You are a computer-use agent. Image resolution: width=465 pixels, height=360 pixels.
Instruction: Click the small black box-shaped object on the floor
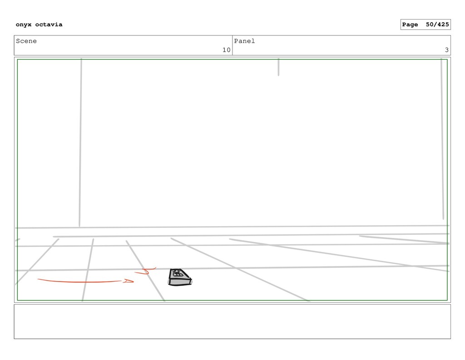pyautogui.click(x=179, y=277)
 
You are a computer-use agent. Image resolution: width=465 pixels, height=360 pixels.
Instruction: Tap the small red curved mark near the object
pyautogui.click(x=146, y=271)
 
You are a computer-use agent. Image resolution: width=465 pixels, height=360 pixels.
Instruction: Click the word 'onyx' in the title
pyautogui.click(x=24, y=25)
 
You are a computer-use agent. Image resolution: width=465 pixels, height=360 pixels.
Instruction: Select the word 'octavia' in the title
pyautogui.click(x=49, y=25)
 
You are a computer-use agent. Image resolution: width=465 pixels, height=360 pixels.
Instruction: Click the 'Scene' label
pyautogui.click(x=26, y=41)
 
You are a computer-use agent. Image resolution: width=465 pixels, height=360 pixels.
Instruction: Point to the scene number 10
pyautogui.click(x=226, y=50)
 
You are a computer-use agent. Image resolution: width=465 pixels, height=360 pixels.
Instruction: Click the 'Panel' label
pyautogui.click(x=244, y=41)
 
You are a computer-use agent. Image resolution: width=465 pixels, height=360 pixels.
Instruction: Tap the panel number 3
pyautogui.click(x=446, y=50)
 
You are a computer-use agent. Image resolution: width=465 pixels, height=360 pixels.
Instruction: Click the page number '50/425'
pyautogui.click(x=437, y=25)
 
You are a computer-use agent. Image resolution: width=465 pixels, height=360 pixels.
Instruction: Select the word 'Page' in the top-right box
pyautogui.click(x=410, y=25)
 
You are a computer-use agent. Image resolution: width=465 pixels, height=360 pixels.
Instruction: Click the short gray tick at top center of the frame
pyautogui.click(x=278, y=67)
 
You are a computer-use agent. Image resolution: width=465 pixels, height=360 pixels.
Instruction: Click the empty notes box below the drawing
pyautogui.click(x=232, y=321)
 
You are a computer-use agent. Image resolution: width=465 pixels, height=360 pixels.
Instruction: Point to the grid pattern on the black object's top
pyautogui.click(x=178, y=274)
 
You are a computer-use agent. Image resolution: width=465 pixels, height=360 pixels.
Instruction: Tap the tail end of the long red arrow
pyautogui.click(x=39, y=280)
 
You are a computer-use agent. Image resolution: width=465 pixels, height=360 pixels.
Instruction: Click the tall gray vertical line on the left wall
pyautogui.click(x=80, y=141)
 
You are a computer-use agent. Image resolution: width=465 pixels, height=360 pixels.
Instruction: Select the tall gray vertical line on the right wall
pyautogui.click(x=442, y=136)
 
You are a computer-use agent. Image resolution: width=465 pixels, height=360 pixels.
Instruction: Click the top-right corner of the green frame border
pyautogui.click(x=447, y=59)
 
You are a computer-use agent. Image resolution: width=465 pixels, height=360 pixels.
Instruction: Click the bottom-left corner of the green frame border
pyautogui.click(x=17, y=300)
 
